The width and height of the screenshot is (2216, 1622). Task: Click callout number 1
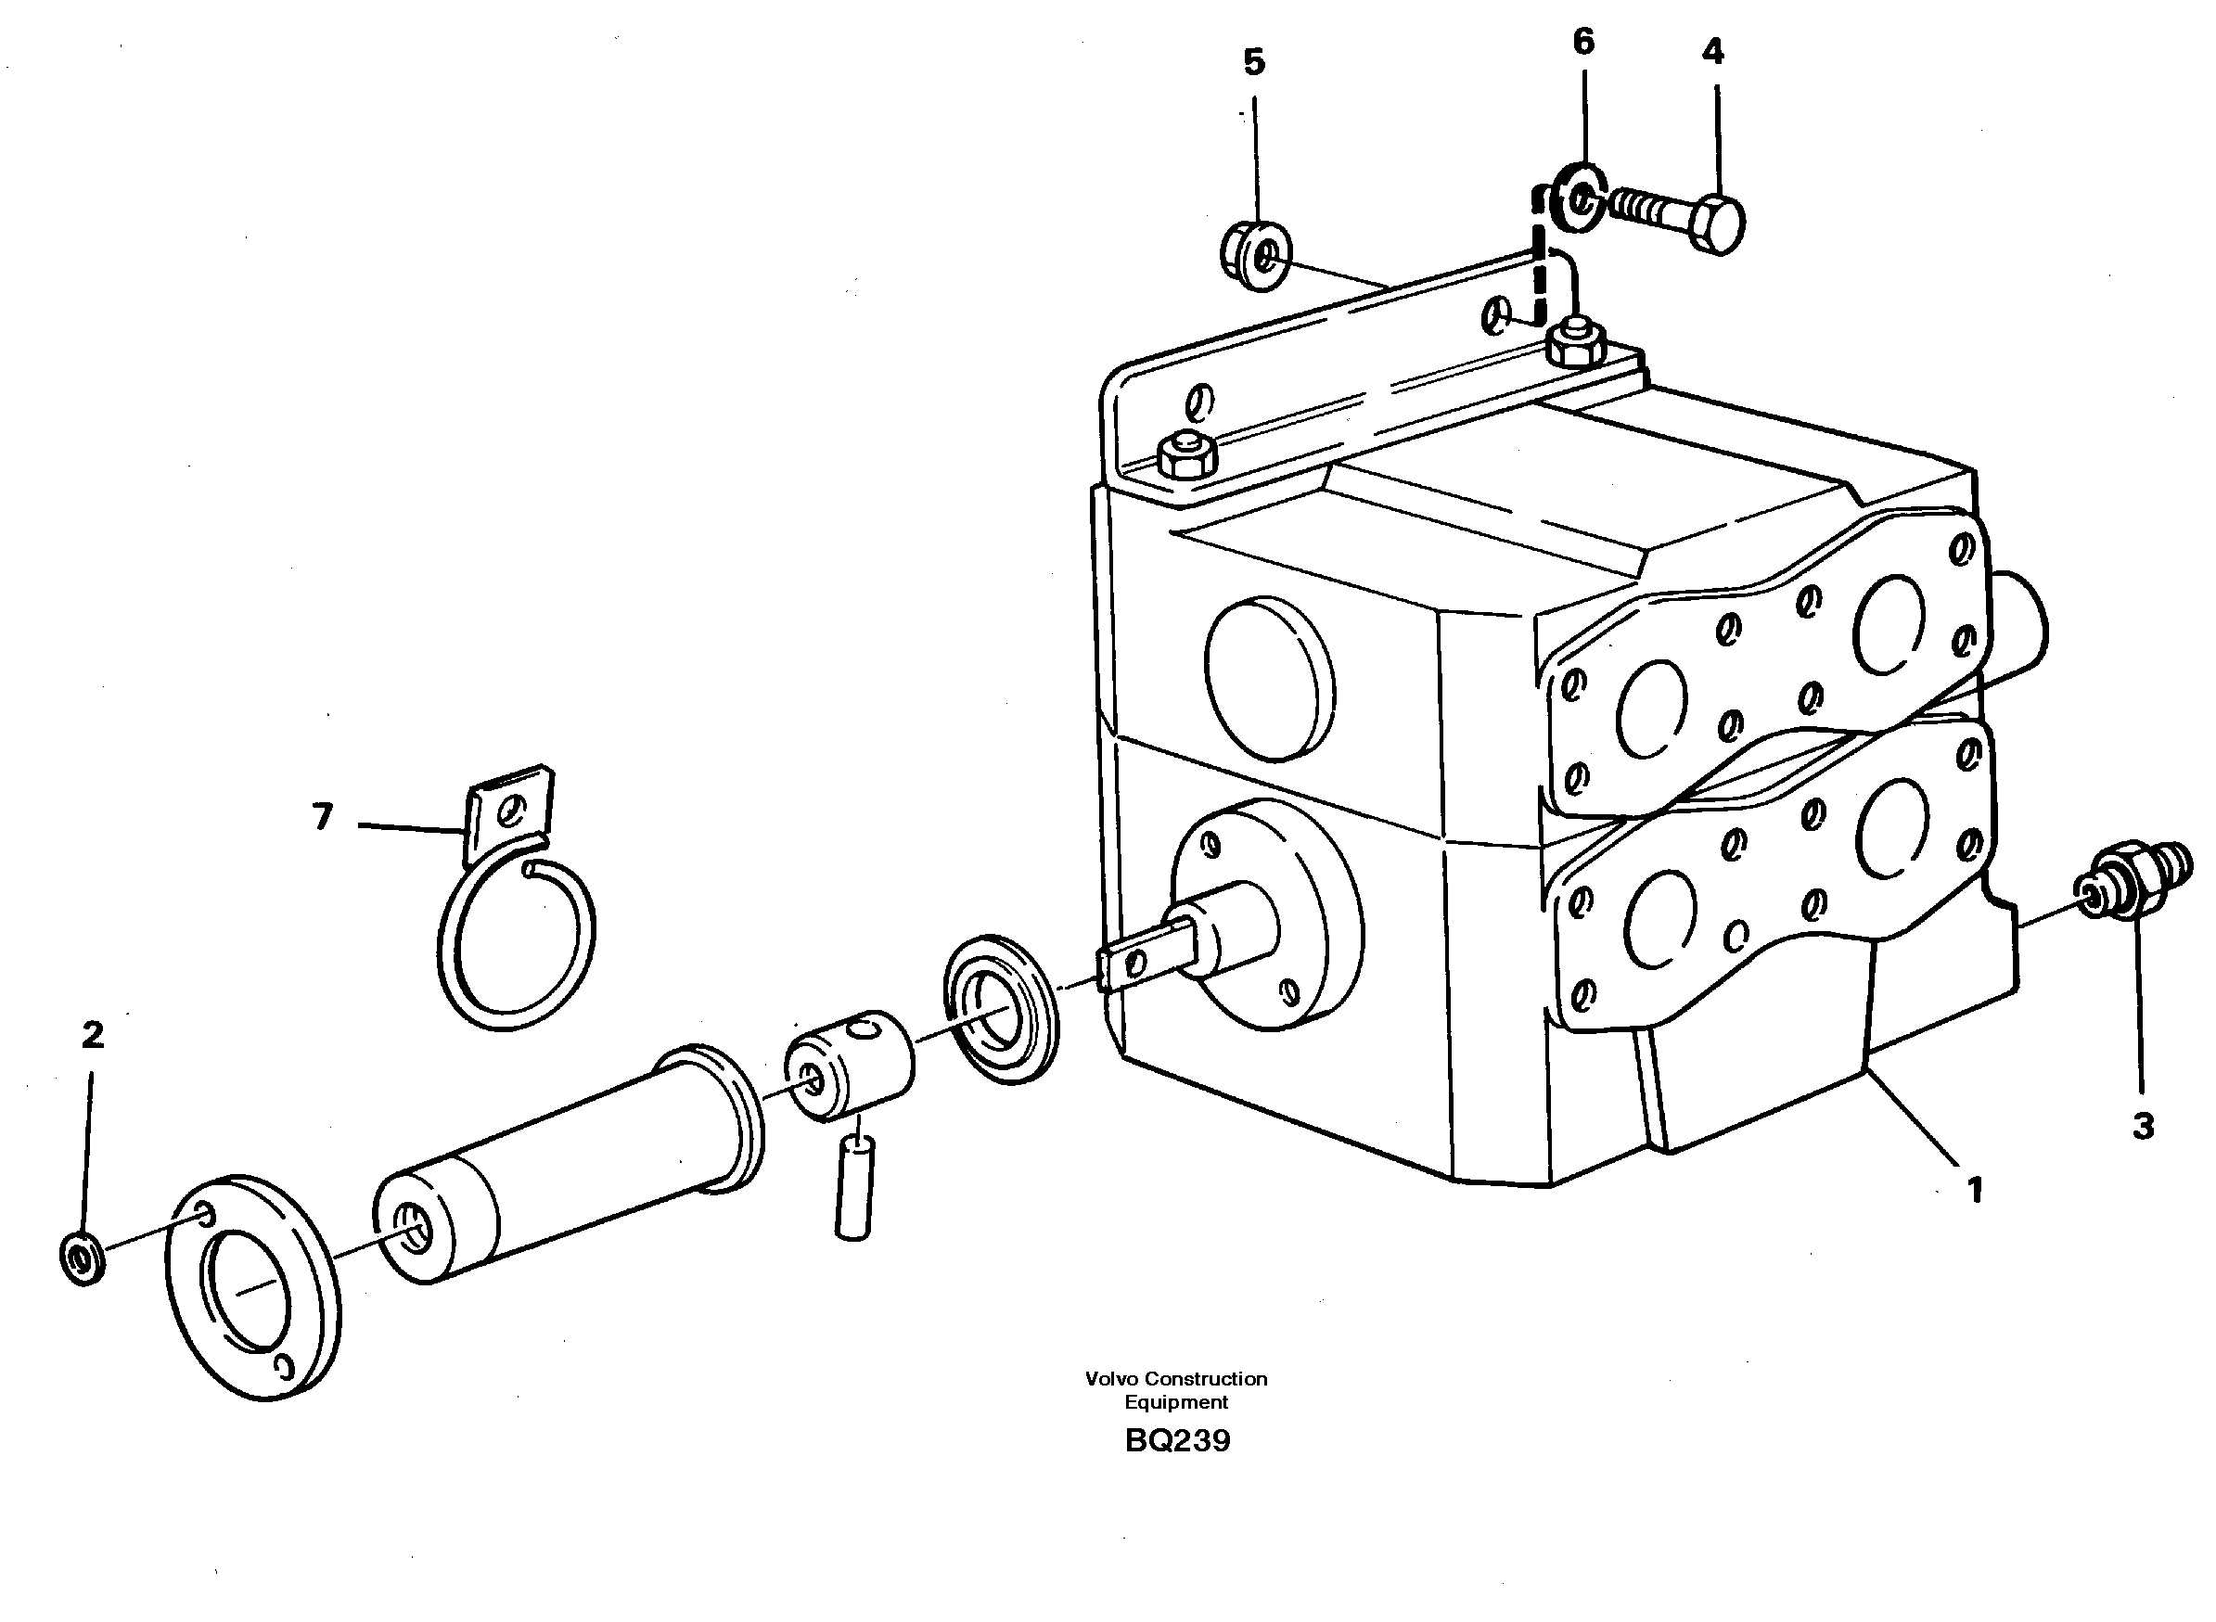[1975, 1192]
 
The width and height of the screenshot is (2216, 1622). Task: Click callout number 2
[92, 1035]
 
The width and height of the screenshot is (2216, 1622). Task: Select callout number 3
[2144, 1125]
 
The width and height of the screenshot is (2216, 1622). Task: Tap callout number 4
[1712, 52]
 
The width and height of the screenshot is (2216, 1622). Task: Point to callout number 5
[1254, 63]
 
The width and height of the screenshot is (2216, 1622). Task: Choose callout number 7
[323, 816]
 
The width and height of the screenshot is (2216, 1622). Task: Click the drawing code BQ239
[1177, 1441]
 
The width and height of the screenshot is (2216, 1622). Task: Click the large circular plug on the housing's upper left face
[1270, 678]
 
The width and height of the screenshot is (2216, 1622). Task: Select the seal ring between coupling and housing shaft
[1001, 1010]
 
